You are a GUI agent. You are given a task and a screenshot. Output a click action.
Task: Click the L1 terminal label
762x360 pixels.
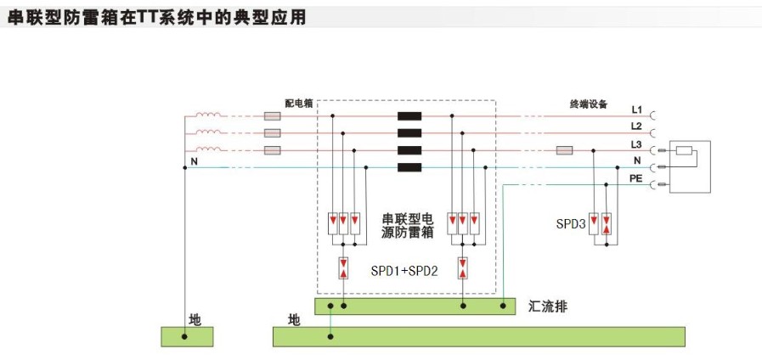pos(637,110)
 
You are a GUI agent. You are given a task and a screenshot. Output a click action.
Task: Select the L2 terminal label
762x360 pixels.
pos(637,127)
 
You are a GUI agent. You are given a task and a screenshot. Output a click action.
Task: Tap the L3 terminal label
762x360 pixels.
pos(637,144)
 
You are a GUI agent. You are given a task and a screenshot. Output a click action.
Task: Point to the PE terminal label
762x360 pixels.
pos(635,178)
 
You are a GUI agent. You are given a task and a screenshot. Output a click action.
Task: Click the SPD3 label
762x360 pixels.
pos(570,225)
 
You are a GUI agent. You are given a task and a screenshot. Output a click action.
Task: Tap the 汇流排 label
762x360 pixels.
pos(547,306)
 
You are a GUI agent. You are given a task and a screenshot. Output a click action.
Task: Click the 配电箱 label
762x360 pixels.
pos(298,104)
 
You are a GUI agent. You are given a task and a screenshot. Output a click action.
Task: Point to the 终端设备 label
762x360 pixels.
pos(589,104)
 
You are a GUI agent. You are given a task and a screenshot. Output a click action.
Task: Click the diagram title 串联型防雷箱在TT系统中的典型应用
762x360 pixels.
pos(156,16)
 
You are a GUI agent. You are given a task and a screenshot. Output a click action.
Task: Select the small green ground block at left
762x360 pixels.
pos(187,336)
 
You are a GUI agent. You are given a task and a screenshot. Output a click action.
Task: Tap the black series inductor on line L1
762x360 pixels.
pos(409,117)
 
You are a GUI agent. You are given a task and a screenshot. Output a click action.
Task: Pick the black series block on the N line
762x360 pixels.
pos(409,167)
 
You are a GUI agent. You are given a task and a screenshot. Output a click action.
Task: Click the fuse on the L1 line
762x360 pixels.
pos(274,117)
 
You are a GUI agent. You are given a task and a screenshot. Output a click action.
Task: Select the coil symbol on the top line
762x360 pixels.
pos(208,116)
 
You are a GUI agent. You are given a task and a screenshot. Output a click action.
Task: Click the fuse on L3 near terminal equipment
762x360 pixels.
pos(564,150)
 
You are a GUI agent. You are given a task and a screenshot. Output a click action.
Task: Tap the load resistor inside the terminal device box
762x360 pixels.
pos(685,153)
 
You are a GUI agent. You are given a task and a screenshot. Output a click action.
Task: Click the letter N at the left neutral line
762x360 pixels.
pos(194,161)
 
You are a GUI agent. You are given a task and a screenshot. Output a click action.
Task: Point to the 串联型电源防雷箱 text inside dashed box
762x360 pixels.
pos(404,225)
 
